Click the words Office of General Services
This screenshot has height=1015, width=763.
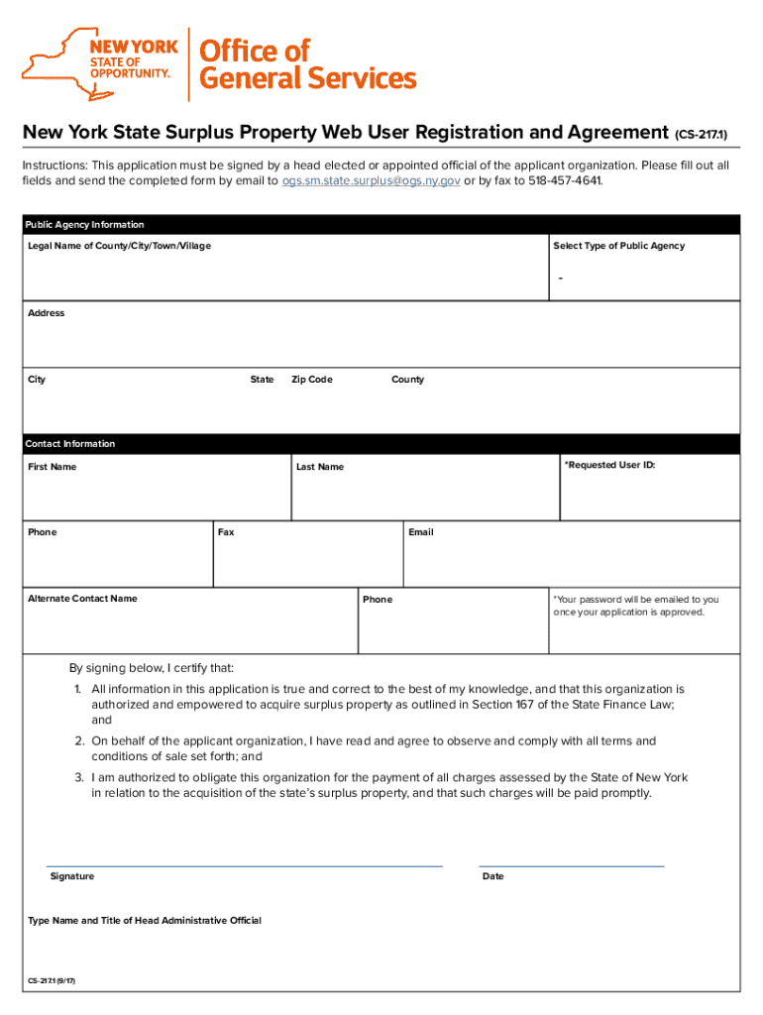point(308,64)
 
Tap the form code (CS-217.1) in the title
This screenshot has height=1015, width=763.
point(707,134)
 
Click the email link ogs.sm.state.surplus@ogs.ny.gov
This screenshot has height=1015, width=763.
point(371,181)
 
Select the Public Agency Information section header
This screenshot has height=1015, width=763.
point(85,225)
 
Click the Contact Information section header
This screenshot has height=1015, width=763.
point(70,444)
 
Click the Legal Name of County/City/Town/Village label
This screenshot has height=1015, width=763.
point(119,246)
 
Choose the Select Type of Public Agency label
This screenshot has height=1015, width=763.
point(618,246)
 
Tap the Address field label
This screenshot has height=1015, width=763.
point(47,313)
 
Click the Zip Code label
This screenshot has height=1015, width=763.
point(312,380)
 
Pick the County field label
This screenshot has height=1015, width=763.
point(407,380)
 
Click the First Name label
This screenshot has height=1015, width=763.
point(53,467)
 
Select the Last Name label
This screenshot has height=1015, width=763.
point(320,467)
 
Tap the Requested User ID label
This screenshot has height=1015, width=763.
point(609,465)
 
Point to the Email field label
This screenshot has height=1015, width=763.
point(421,532)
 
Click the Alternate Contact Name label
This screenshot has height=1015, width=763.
point(82,599)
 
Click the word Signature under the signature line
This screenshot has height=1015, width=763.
point(72,876)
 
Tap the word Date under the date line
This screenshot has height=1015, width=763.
point(492,876)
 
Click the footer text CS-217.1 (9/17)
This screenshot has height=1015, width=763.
point(52,981)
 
